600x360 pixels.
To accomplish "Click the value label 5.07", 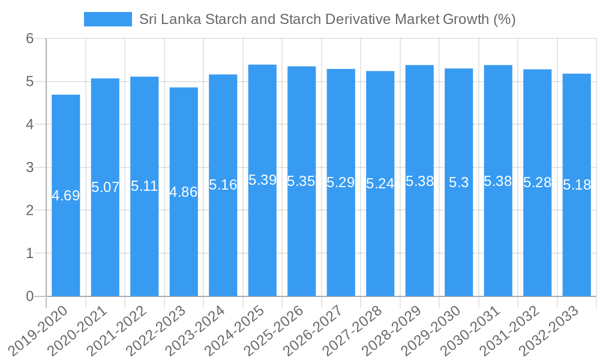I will coord(105,187).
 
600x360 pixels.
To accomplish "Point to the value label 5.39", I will coord(262,180).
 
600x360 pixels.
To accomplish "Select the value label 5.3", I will coord(459,183).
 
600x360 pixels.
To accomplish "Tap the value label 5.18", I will coord(577,185).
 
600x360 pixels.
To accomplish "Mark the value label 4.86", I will coord(184,193).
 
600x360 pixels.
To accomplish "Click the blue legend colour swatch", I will coord(107,19).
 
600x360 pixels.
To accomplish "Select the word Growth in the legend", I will coord(466,19).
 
